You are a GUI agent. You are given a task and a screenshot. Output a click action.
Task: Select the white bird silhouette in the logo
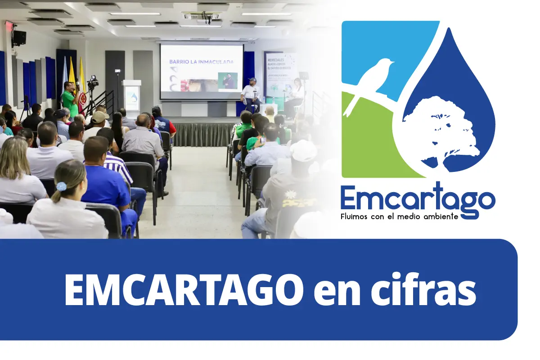coord(371,81)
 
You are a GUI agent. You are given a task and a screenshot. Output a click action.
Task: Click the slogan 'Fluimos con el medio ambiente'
coord(399,216)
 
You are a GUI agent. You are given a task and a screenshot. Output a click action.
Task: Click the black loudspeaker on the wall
coord(18,38)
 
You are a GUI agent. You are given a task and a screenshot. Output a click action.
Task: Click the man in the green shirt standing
coord(69,99)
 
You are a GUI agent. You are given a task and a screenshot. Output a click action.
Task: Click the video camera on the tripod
coord(93,82)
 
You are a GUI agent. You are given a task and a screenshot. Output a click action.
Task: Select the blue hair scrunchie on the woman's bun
coord(61,186)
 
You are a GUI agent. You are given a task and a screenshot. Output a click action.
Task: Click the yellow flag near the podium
coord(83,81)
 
